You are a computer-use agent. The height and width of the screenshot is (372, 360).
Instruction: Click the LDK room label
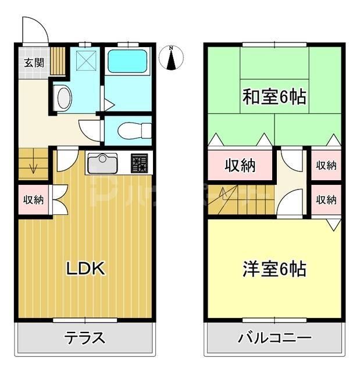(85, 269)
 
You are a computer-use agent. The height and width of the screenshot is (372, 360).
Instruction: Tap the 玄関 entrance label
(34, 63)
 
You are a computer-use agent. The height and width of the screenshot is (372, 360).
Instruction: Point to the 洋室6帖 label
(274, 270)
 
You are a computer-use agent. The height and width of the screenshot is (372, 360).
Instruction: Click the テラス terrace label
(85, 338)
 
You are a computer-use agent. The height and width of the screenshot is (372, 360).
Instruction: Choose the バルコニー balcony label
(274, 338)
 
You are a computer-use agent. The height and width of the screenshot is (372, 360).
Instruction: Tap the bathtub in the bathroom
(128, 60)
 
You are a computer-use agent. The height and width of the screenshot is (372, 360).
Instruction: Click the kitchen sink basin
(102, 163)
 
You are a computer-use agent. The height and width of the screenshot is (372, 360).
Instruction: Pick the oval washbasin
(63, 98)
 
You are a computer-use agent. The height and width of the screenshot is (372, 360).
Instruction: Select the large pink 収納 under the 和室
(240, 166)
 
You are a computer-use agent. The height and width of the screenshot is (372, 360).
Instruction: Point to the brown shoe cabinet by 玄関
(58, 59)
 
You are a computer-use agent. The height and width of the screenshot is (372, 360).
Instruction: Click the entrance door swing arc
(34, 29)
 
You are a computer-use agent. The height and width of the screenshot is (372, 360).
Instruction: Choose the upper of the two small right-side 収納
(326, 165)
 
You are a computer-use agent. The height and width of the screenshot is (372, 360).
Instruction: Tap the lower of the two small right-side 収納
(326, 200)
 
